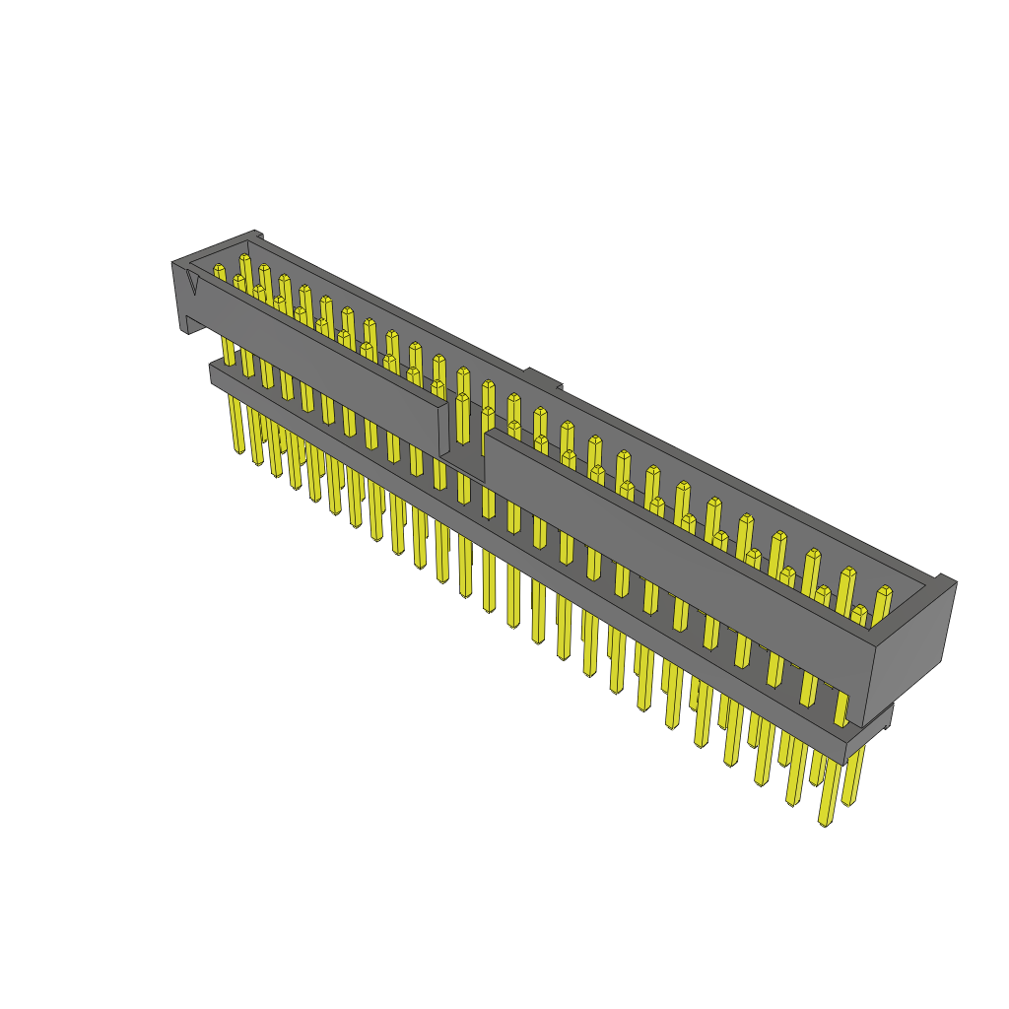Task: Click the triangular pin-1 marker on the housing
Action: click(x=192, y=283)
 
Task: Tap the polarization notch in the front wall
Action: click(x=463, y=459)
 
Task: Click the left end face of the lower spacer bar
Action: click(x=213, y=372)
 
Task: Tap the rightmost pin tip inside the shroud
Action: click(x=883, y=592)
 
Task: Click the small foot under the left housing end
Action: click(x=184, y=325)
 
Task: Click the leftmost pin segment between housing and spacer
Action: click(x=229, y=351)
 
